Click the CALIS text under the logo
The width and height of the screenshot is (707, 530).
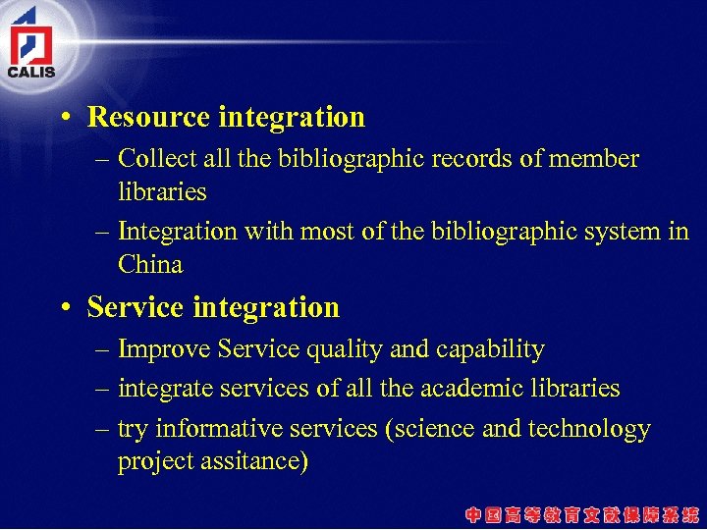31,71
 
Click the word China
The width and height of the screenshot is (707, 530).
150,264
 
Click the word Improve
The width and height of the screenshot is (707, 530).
164,349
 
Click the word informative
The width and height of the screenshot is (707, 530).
215,429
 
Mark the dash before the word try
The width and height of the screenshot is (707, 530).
103,429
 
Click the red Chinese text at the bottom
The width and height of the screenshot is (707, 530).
582,513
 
